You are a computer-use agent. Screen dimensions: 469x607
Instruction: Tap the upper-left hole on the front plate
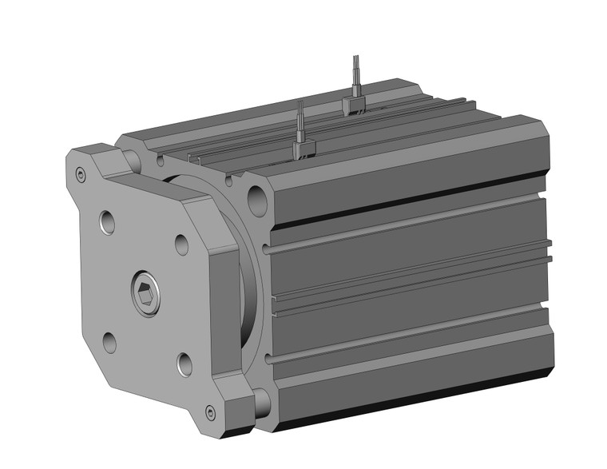tap(107, 221)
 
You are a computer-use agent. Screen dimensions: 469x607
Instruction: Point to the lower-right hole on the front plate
tap(184, 364)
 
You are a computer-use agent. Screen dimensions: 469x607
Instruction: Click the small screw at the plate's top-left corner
tap(80, 176)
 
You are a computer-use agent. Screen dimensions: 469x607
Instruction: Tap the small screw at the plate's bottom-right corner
tap(210, 411)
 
